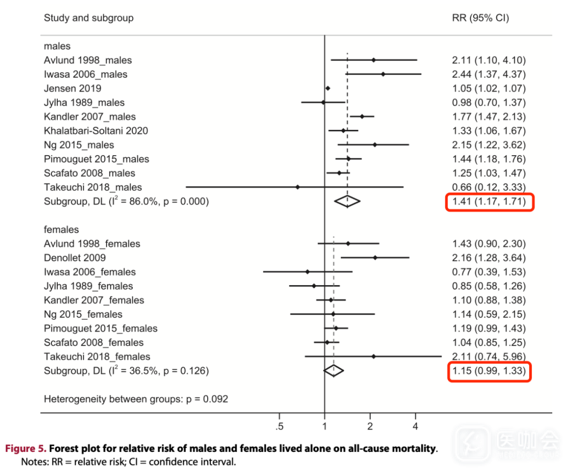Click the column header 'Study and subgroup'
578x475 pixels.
click(88, 18)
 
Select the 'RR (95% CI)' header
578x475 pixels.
click(480, 18)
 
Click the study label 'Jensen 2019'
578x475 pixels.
click(72, 88)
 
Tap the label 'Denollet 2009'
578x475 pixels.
click(75, 258)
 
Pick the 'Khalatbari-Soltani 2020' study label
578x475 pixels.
click(96, 131)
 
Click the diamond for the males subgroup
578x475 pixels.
click(347, 201)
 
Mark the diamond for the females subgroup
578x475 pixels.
click(333, 370)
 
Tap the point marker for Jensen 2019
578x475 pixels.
click(328, 88)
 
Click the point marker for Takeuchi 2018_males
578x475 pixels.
click(298, 187)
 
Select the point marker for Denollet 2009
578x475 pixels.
click(375, 257)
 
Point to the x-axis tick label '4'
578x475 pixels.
click(415, 426)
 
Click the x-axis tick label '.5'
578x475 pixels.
click(279, 426)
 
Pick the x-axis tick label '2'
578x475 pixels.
click(370, 426)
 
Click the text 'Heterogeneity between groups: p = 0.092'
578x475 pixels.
click(136, 399)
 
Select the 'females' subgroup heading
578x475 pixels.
click(61, 229)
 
